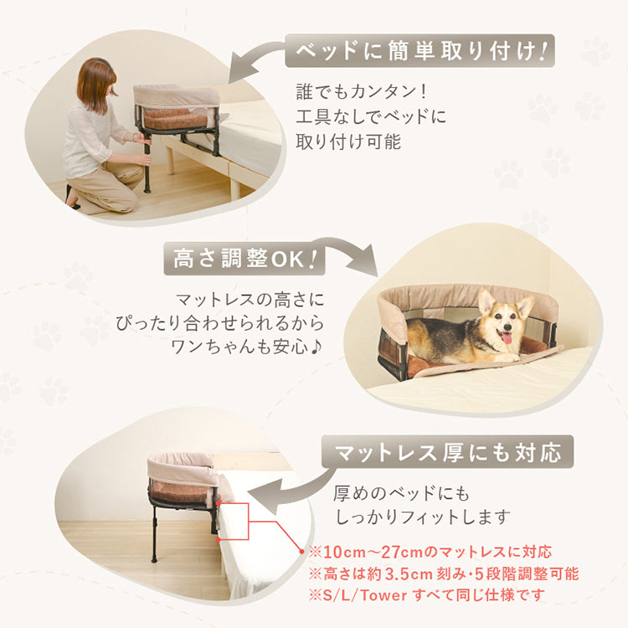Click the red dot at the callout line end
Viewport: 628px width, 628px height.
tap(301, 551)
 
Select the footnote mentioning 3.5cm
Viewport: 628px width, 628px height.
tap(443, 574)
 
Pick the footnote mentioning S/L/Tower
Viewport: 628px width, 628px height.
tap(426, 595)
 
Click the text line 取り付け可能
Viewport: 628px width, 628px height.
tap(348, 141)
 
